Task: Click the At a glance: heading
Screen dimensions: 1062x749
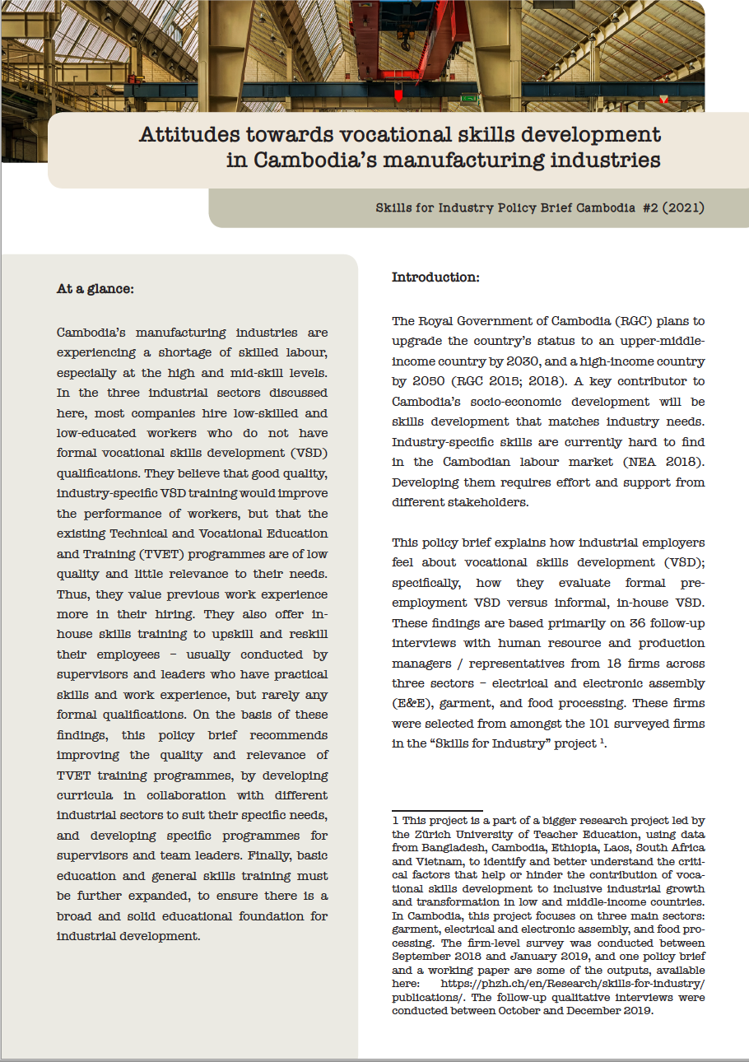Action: pos(95,289)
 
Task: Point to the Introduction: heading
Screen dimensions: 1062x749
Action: pos(435,277)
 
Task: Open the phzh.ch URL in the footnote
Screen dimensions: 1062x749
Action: pos(573,985)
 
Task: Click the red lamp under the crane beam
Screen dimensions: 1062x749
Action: pos(398,95)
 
